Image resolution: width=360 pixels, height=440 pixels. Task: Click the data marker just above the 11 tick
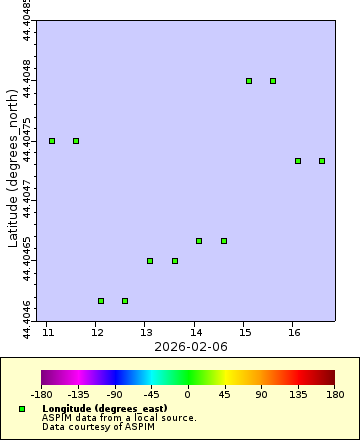(52, 141)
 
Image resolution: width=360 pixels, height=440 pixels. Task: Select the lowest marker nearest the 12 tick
(101, 300)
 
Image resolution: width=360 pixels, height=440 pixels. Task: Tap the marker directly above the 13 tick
(150, 261)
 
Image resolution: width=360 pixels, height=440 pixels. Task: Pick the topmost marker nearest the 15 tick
(249, 81)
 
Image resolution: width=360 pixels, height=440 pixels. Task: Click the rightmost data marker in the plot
(322, 161)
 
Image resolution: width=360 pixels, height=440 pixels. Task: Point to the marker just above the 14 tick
(199, 241)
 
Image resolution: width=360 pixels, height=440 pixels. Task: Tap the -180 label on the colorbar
(42, 394)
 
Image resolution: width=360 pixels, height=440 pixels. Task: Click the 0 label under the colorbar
(188, 394)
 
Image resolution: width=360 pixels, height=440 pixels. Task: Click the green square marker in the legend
(22, 410)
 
